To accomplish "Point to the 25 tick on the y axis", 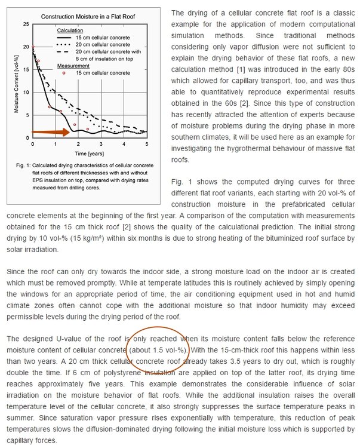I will pyautogui.click(x=25, y=23).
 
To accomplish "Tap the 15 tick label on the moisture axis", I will pyautogui.click(x=25, y=69).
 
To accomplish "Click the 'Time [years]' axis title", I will pyautogui.click(x=88, y=153).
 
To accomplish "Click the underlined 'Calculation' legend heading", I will pyautogui.click(x=70, y=29).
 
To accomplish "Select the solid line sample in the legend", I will pyautogui.click(x=68, y=37).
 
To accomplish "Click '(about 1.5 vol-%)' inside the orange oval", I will pyautogui.click(x=158, y=349).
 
